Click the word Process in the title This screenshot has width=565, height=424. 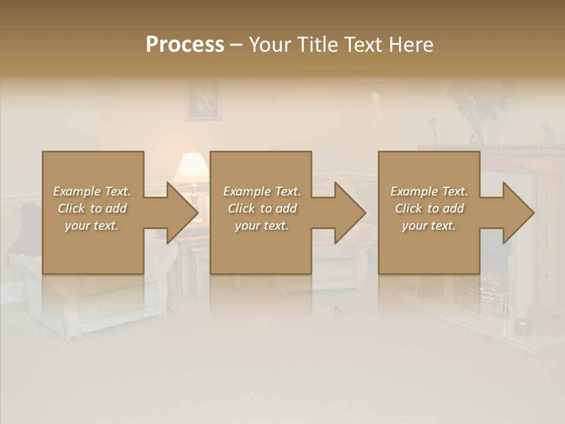click(185, 45)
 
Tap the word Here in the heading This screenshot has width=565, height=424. click(411, 45)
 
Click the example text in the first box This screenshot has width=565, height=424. click(92, 208)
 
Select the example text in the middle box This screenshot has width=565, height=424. click(262, 208)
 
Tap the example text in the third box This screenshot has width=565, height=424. click(429, 208)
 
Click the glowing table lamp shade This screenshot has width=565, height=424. click(191, 167)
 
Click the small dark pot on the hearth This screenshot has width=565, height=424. click(521, 326)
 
